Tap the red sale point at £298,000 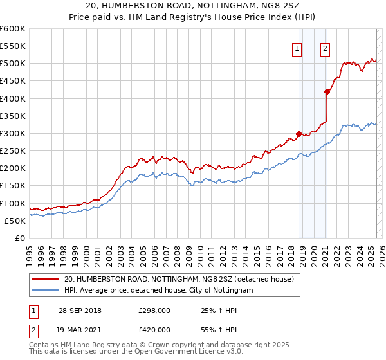[299, 134]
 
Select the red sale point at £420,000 [327, 91]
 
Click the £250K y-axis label [13, 151]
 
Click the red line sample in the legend [46, 279]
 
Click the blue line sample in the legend [46, 291]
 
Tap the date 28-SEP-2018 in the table [80, 310]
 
